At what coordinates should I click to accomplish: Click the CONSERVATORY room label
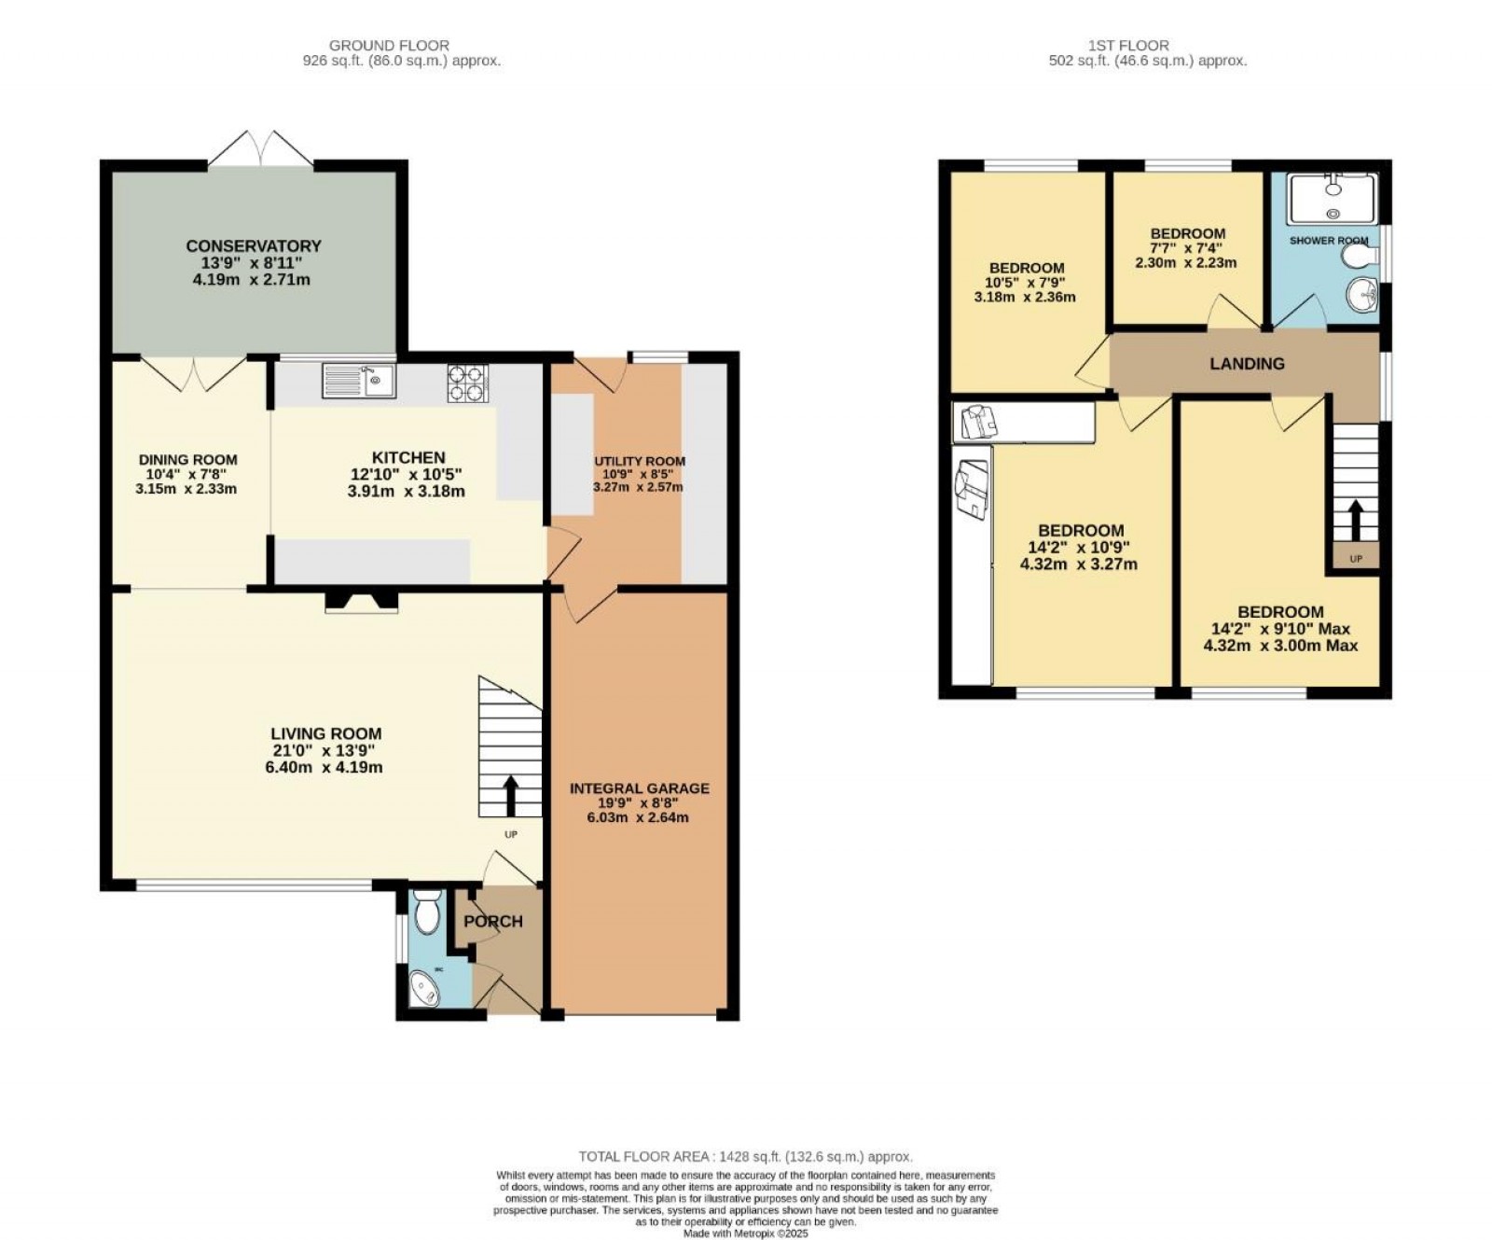pos(253,246)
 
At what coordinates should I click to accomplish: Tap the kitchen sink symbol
pos(359,381)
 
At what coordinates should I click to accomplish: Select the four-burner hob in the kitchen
pos(468,383)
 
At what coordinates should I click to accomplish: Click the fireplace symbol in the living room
pos(361,604)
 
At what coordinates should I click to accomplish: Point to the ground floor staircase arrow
pos(511,795)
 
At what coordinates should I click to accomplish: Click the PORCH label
pos(493,922)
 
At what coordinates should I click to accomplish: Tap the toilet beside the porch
pos(426,911)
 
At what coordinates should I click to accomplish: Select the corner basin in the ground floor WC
pos(425,989)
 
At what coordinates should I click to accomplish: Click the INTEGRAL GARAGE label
pos(640,788)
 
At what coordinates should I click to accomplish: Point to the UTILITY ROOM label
pos(640,461)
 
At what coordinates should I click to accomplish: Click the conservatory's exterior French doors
pos(260,149)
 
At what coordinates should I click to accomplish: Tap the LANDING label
pos(1247,364)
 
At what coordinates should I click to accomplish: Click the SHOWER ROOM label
pos(1328,241)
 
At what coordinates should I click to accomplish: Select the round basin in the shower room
pos(1362,296)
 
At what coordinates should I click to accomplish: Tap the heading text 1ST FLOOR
pos(1127,45)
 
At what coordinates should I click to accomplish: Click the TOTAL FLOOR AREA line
pos(745,1156)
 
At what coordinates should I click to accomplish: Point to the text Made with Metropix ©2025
pos(745,1233)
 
